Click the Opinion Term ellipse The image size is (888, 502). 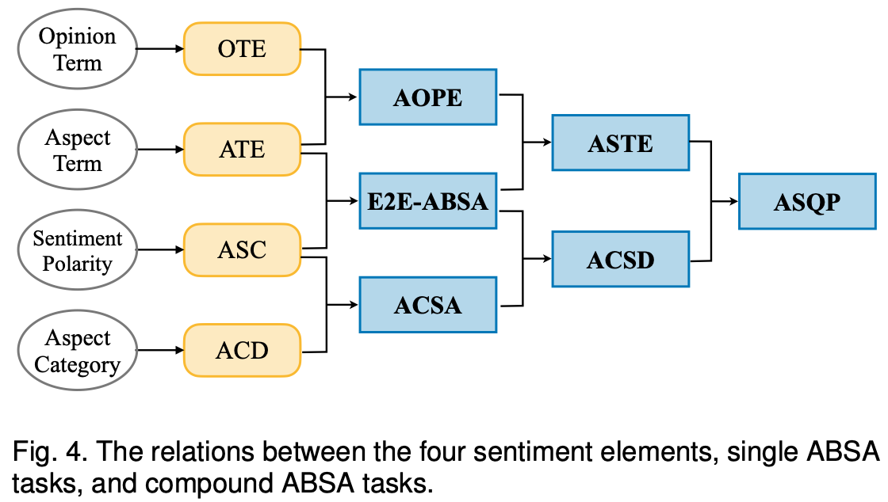77,49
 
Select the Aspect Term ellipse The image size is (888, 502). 77,150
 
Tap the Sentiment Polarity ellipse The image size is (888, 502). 77,250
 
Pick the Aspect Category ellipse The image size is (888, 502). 77,351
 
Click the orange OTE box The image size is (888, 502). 242,49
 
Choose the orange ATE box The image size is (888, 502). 242,150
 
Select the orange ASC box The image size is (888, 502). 242,250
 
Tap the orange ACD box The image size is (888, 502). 242,351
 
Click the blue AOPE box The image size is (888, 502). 427,97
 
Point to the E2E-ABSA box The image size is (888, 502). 427,201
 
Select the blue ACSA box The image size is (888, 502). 427,304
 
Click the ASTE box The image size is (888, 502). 620,143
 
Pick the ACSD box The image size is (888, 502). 620,259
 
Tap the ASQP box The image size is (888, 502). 806,202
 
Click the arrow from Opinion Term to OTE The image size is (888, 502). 159,49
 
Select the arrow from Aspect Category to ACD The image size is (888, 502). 159,351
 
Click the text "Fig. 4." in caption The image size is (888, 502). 44,453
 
